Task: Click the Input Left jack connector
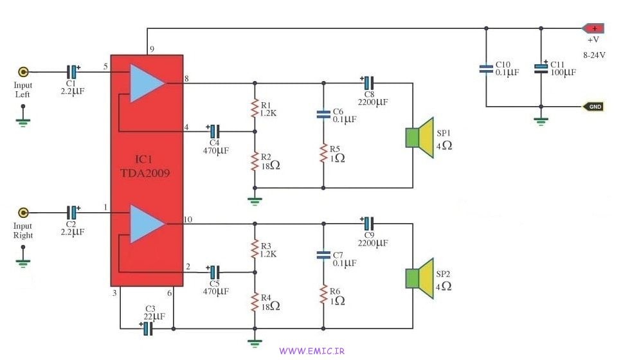(24, 72)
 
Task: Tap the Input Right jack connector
(24, 212)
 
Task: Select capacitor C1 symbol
(73, 71)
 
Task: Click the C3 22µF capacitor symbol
(147, 328)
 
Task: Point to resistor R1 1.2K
(255, 109)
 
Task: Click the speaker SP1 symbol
(420, 137)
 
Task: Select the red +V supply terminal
(592, 28)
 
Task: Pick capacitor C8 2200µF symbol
(367, 83)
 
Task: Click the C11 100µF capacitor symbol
(541, 68)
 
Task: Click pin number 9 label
(152, 49)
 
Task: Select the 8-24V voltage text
(594, 55)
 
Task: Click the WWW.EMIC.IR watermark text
(312, 351)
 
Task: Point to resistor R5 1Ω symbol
(323, 154)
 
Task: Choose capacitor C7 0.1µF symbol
(323, 255)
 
